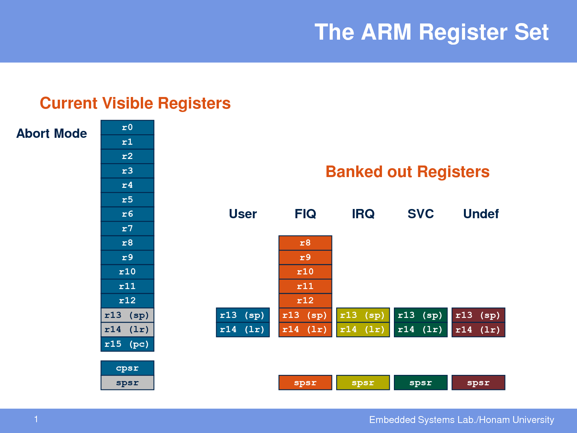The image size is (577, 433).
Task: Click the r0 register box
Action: [x=127, y=127]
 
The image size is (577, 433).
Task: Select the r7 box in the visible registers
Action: [x=127, y=229]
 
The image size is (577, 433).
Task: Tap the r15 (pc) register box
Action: [x=127, y=344]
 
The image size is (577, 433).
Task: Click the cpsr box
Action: [x=127, y=368]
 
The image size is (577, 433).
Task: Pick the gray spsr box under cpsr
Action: [x=127, y=383]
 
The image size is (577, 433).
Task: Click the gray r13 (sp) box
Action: [x=127, y=315]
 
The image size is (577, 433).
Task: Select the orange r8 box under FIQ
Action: [x=305, y=243]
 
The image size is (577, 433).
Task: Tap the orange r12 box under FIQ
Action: [x=305, y=301]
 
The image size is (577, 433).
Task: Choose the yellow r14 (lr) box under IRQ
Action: [x=363, y=329]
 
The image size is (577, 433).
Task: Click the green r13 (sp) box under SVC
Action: [x=420, y=315]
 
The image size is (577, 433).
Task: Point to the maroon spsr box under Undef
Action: [x=479, y=383]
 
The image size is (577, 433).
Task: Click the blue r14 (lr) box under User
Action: [x=243, y=329]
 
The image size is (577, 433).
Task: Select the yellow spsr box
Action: [x=363, y=383]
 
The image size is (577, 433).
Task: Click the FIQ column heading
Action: [x=305, y=214]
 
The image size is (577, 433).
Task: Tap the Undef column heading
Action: [x=481, y=214]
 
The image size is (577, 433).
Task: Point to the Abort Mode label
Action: [x=52, y=133]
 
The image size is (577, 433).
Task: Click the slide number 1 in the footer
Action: [x=36, y=419]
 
